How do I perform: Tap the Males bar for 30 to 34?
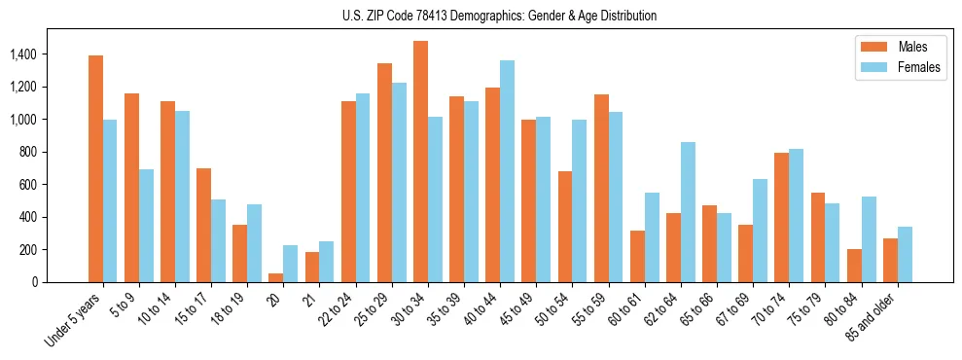tap(420, 162)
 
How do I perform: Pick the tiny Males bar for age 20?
tap(276, 277)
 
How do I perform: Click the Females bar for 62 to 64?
tap(687, 212)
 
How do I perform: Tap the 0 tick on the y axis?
tap(34, 282)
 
